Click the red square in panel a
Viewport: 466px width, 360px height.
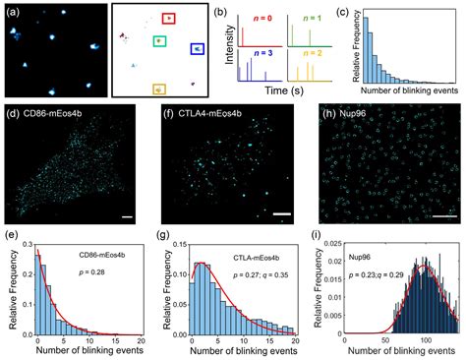[x=168, y=19]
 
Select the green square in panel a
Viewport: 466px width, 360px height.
[x=159, y=42]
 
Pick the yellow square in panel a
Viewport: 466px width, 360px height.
[x=159, y=89]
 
